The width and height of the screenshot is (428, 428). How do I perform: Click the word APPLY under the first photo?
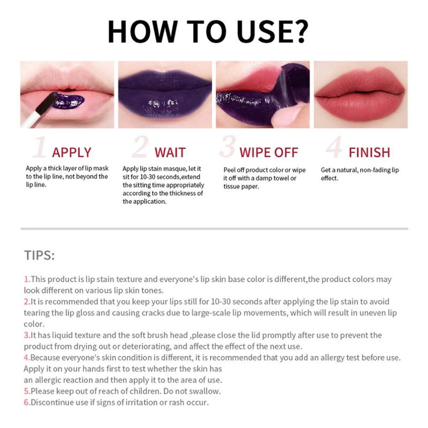click(x=72, y=152)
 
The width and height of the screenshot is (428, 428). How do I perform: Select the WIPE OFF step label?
click(x=268, y=152)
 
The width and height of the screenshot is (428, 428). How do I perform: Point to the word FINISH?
click(x=369, y=152)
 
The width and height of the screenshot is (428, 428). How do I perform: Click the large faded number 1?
click(x=39, y=148)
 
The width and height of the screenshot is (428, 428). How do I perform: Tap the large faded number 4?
click(x=334, y=148)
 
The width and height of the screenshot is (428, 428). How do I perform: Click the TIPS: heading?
click(x=39, y=255)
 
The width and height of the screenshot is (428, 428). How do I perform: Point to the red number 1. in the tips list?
click(x=27, y=279)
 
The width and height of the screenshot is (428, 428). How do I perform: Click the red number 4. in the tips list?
click(x=27, y=357)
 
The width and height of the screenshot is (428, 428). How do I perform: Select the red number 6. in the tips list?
click(x=27, y=402)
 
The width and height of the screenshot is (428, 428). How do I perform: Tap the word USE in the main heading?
click(x=265, y=32)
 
